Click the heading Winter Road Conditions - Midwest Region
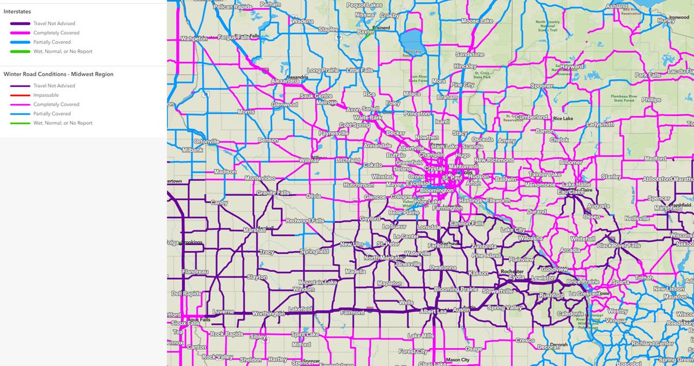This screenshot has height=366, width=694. click(58, 74)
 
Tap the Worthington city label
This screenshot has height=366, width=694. click(268, 313)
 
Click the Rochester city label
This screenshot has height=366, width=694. click(512, 271)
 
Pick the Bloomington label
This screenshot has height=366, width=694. click(437, 190)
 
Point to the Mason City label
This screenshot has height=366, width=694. click(457, 360)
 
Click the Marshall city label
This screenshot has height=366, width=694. click(255, 230)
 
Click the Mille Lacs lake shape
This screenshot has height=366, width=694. click(413, 41)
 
